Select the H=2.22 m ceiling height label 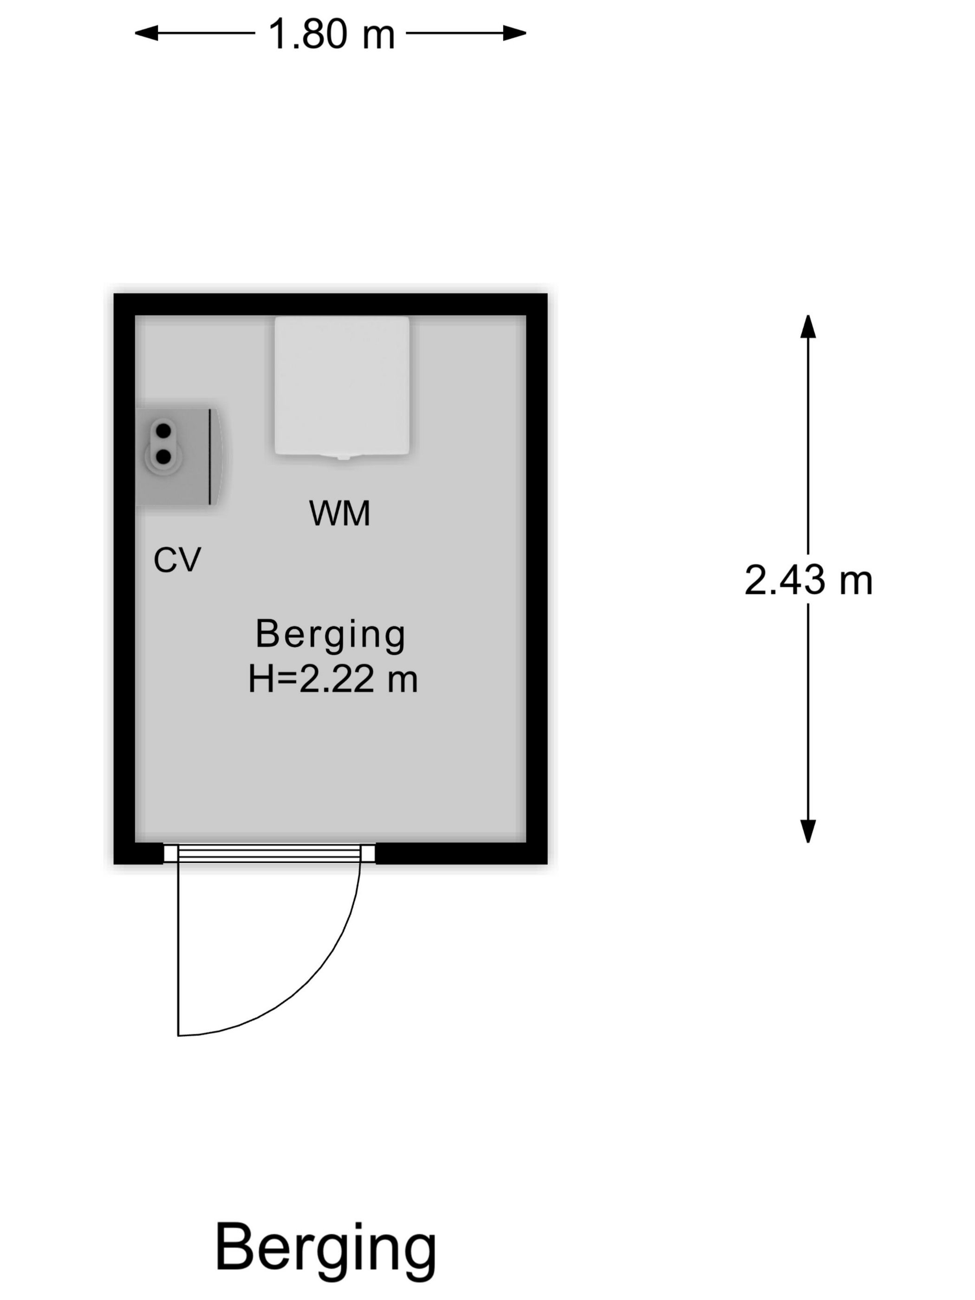[x=332, y=680]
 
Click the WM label [x=340, y=513]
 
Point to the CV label [x=177, y=559]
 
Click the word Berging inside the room [x=330, y=635]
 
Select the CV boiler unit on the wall [x=179, y=457]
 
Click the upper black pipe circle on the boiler [x=163, y=431]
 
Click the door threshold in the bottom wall [x=268, y=853]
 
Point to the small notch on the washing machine [x=343, y=457]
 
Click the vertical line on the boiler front [x=210, y=457]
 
